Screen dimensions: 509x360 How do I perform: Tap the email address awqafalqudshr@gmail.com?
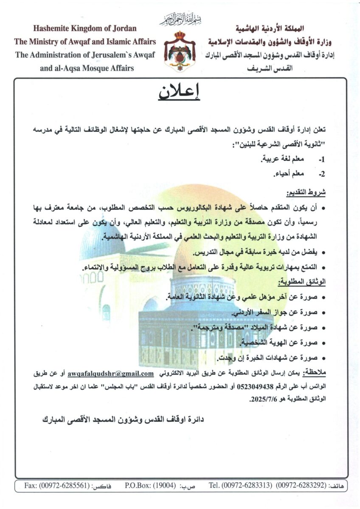pyautogui.click(x=110, y=374)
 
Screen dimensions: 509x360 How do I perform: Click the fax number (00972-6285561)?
pyautogui.click(x=63, y=485)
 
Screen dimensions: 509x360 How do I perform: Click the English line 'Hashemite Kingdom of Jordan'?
pyautogui.click(x=85, y=29)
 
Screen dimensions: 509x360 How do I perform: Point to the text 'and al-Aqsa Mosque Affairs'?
pyautogui.click(x=87, y=68)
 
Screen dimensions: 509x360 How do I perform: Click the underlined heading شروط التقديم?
pyautogui.click(x=307, y=193)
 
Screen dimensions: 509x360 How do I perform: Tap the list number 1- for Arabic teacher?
pyautogui.click(x=321, y=160)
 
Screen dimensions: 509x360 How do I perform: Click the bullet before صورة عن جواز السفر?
pyautogui.click(x=323, y=313)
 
